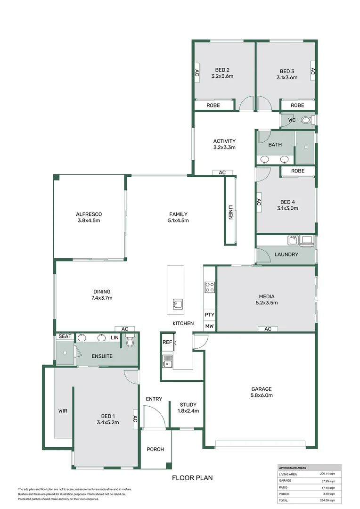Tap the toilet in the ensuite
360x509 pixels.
coord(131,341)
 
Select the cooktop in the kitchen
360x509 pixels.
coord(210,287)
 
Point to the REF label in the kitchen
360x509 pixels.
coord(167,343)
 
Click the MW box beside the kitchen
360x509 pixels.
coord(209,326)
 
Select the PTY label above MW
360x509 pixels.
coord(209,314)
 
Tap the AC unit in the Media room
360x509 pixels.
coord(268,329)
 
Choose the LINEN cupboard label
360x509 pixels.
coord(230,212)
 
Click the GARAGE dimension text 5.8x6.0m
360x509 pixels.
coord(261,395)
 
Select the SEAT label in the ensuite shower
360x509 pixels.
coord(65,337)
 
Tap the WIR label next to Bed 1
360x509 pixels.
coord(63,411)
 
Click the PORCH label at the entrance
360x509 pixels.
coord(155,449)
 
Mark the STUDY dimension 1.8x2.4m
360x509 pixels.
coord(188,411)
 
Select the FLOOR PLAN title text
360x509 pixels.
coord(192,478)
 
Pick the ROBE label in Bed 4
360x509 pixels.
coord(297,171)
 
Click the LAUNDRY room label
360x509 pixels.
coord(286,254)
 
